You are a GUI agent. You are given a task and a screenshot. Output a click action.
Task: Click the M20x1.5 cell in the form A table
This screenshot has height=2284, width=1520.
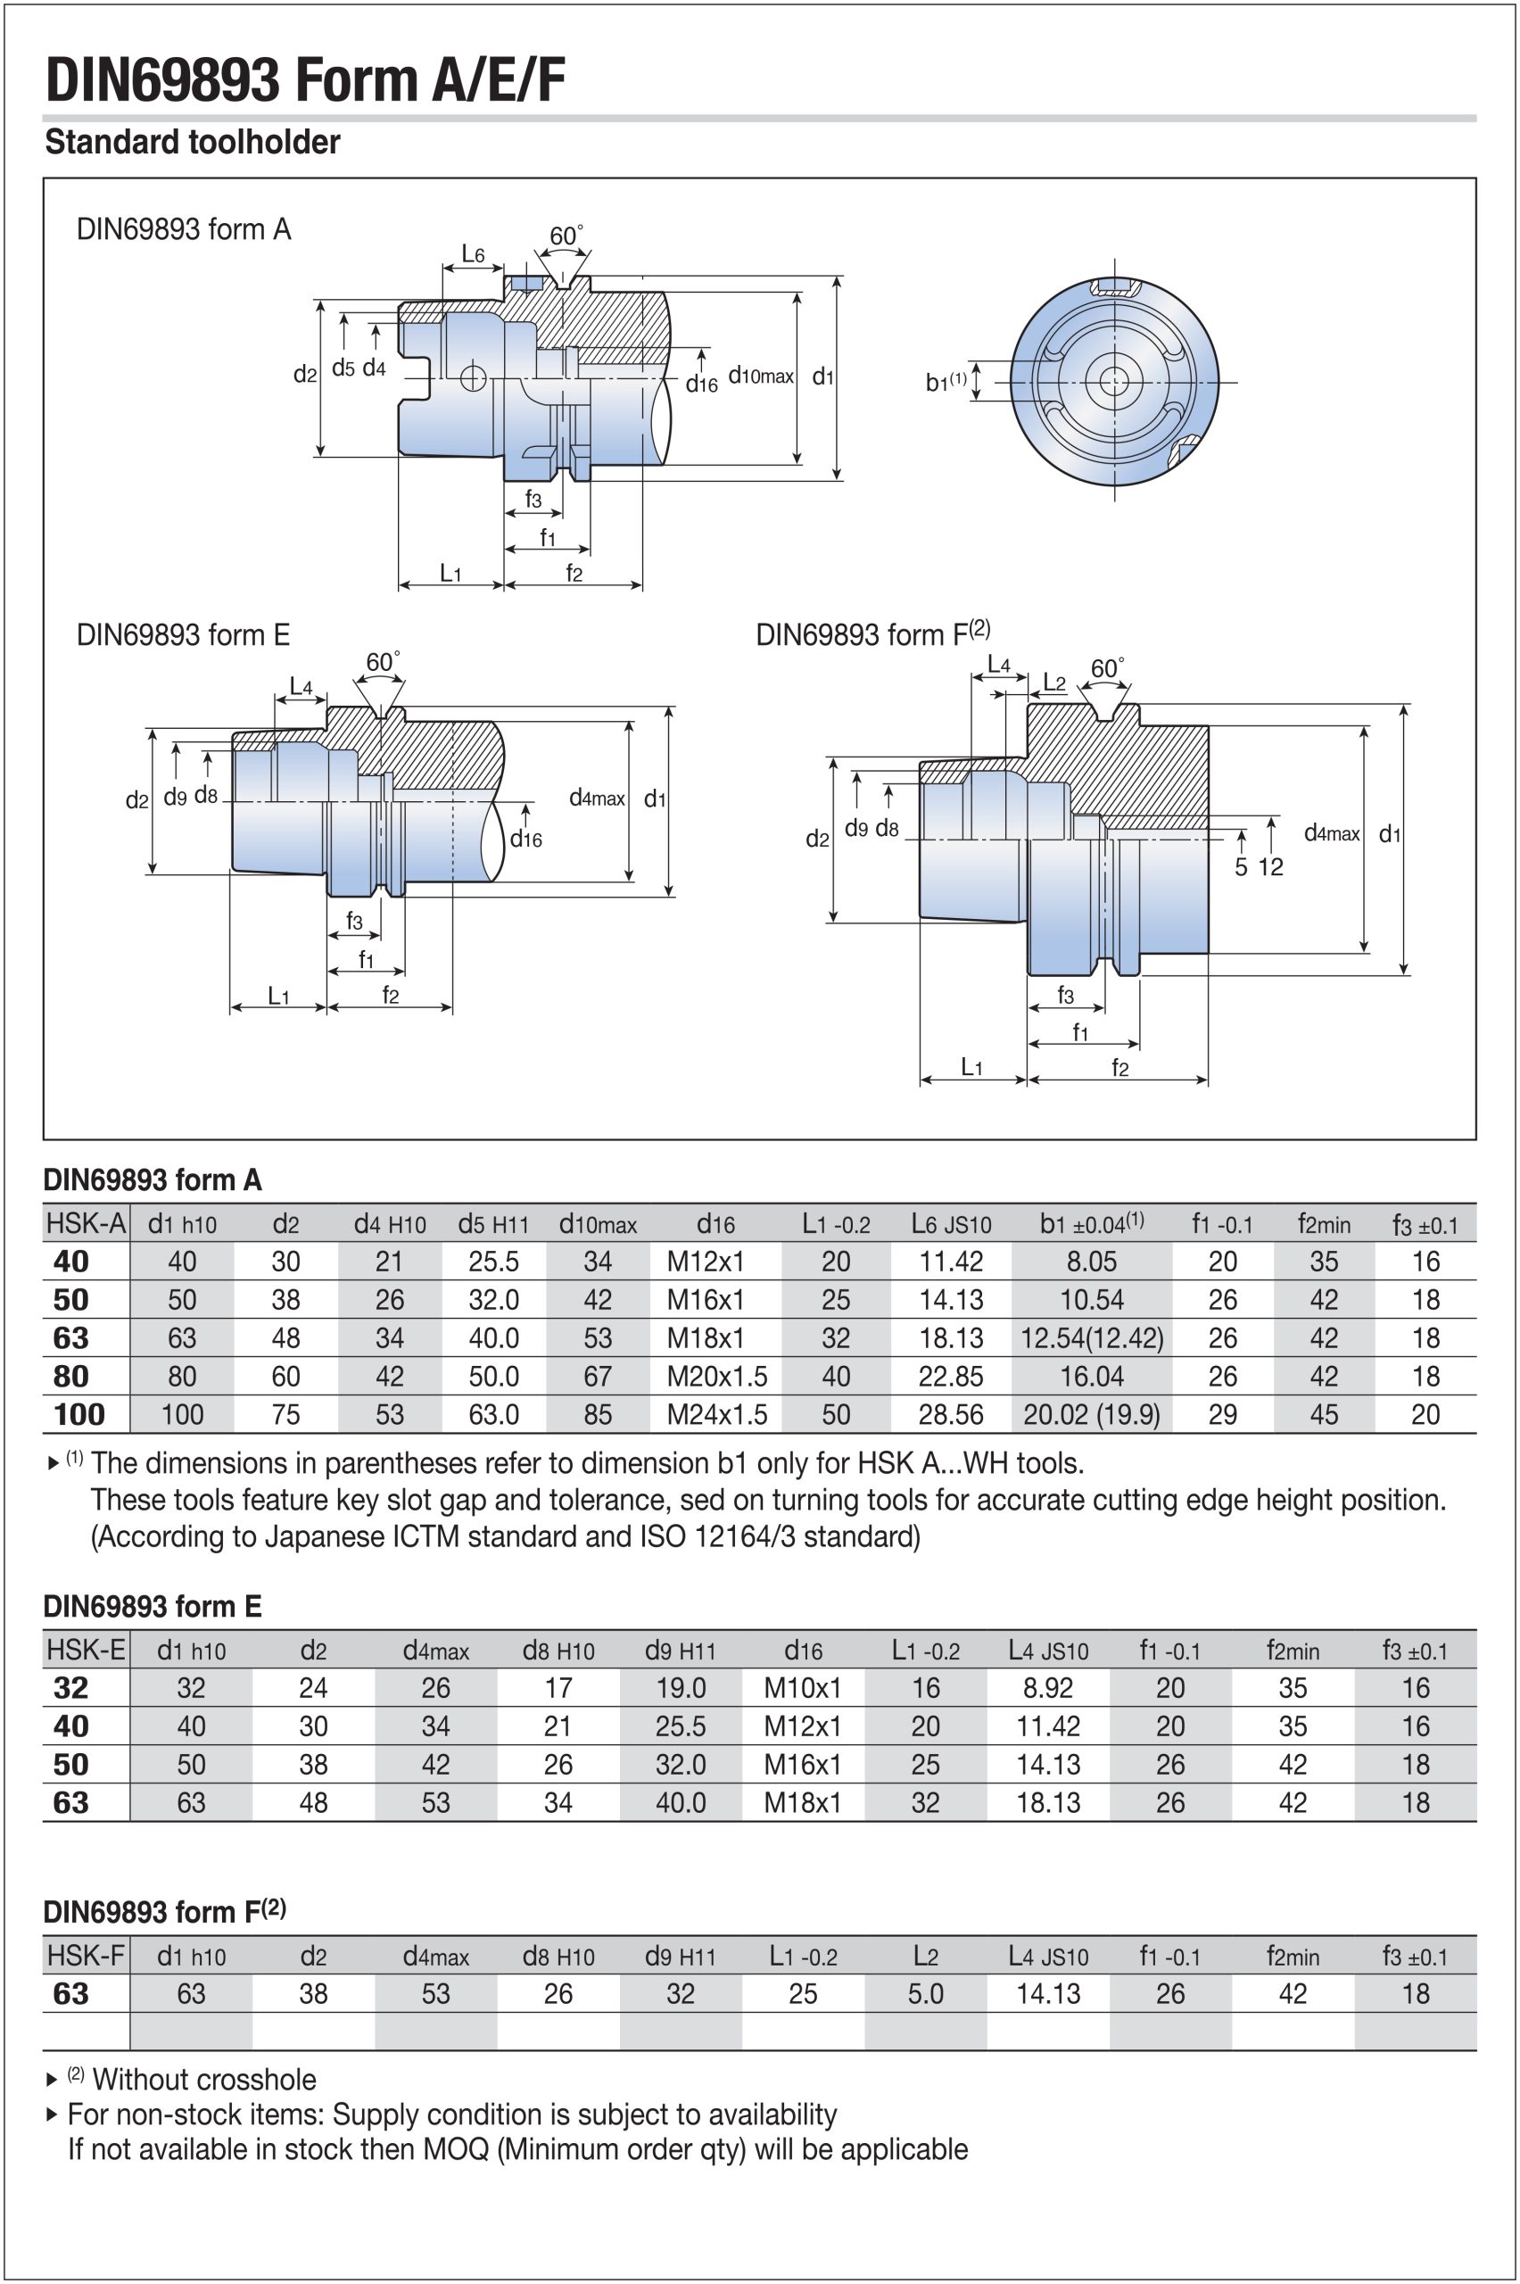tap(716, 1376)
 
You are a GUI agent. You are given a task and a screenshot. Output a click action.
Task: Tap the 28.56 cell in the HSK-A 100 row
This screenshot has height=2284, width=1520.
tap(951, 1414)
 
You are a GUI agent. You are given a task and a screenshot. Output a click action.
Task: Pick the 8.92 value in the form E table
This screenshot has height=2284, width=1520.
tap(1048, 1688)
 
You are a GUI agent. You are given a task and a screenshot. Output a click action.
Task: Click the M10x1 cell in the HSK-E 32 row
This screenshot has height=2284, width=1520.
tap(803, 1688)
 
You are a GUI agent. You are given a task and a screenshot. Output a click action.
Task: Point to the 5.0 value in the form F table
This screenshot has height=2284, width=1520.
tap(926, 1993)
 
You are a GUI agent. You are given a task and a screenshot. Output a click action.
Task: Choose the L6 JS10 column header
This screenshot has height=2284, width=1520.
tap(951, 1224)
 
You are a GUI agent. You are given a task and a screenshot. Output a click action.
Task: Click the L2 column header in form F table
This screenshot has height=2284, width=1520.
tap(926, 1957)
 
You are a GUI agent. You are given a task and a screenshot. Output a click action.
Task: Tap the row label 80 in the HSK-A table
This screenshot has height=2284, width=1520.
tap(70, 1376)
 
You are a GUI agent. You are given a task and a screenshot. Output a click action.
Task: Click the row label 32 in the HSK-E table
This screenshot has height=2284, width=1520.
tap(70, 1688)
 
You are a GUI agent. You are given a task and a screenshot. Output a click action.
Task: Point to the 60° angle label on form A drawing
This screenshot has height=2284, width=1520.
tap(566, 236)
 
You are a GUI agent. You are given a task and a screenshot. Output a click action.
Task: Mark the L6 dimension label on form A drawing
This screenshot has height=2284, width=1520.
tap(472, 254)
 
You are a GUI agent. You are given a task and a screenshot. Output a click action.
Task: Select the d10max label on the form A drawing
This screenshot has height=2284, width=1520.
tap(761, 377)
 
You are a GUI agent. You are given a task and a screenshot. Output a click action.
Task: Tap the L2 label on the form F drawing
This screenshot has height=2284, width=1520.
tap(1053, 682)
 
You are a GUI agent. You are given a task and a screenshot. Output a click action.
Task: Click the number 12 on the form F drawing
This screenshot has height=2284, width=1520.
tap(1270, 866)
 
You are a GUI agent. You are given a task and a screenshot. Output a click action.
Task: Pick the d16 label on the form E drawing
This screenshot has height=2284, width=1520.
tap(526, 839)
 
